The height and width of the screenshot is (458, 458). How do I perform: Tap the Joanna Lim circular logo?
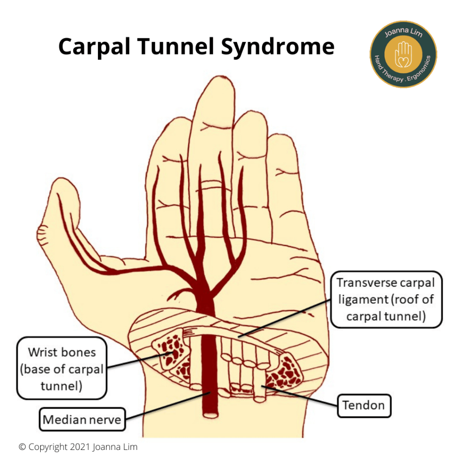click(403, 54)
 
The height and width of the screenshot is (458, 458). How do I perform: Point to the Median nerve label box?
click(82, 419)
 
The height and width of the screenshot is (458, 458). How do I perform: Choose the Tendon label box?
click(364, 405)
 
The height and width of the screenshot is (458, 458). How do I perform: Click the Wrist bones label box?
click(62, 368)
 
